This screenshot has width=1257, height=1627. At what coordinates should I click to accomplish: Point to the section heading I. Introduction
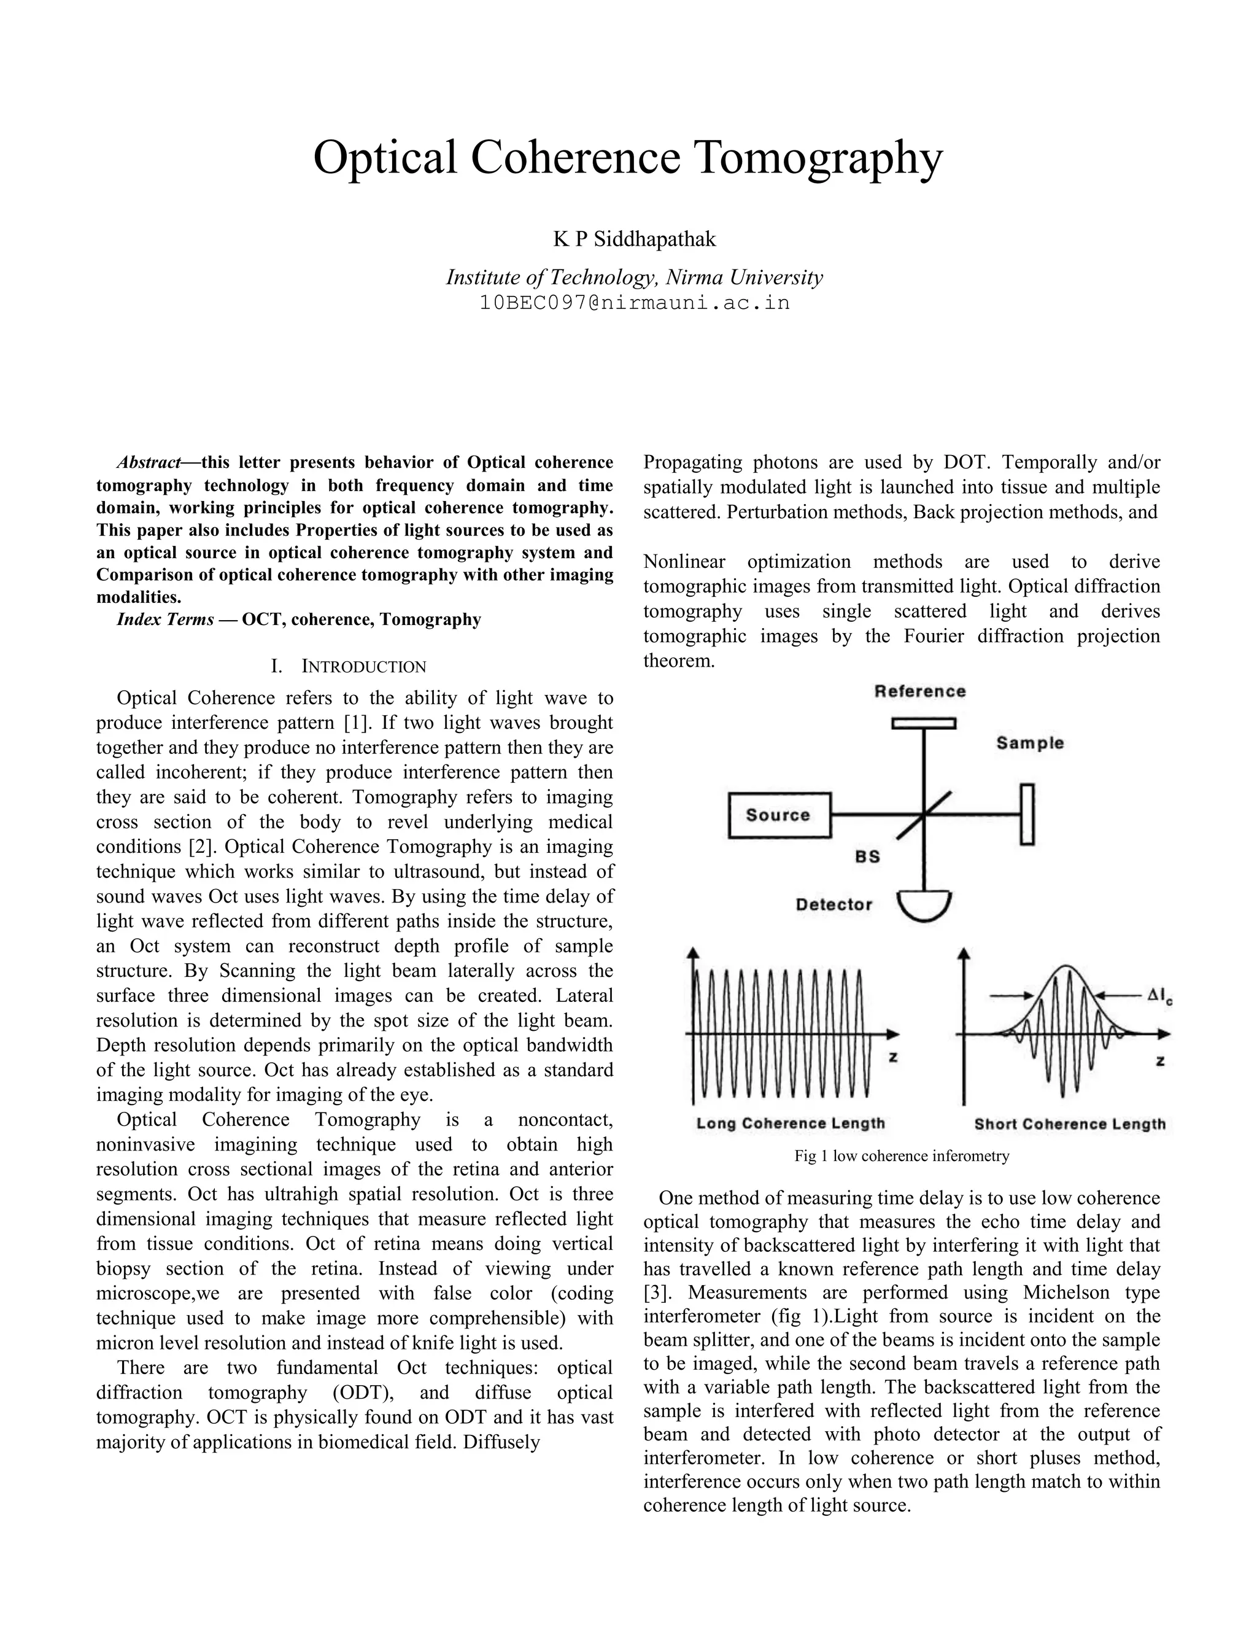349,666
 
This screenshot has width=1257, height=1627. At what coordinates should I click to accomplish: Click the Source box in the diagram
779,815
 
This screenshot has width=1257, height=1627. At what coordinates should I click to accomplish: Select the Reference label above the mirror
919,691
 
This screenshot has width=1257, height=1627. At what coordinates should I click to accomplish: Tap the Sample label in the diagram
1030,743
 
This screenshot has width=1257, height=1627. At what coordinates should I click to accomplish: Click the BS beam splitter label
867,856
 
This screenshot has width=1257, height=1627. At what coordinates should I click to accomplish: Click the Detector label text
833,904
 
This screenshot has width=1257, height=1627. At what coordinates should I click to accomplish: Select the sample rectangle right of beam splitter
1027,814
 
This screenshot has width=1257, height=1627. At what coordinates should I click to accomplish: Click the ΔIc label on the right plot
1159,995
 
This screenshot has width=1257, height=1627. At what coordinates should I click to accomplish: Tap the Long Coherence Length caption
790,1124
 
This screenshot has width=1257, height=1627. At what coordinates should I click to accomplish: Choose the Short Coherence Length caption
1069,1124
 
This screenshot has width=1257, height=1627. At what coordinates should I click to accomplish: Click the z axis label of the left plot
893,1057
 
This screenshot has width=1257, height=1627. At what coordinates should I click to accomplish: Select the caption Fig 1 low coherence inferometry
901,1156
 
